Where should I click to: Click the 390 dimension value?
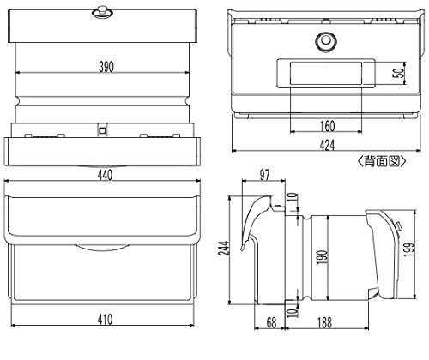[x=106, y=67]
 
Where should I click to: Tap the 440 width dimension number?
[x=105, y=175]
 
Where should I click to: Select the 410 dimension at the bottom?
[x=105, y=320]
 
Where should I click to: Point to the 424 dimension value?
[x=327, y=145]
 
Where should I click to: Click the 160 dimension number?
[x=327, y=126]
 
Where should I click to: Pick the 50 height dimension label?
[x=399, y=73]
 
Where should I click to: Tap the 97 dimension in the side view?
[x=264, y=175]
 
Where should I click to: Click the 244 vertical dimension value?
[x=225, y=249]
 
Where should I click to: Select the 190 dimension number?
[x=322, y=257]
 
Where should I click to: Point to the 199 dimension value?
[x=409, y=249]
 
